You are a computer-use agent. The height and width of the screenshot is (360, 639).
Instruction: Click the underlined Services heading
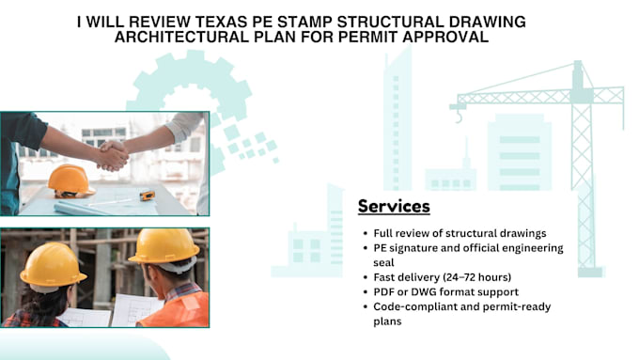(394, 206)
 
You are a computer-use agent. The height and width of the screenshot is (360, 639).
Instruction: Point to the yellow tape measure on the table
(147, 195)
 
